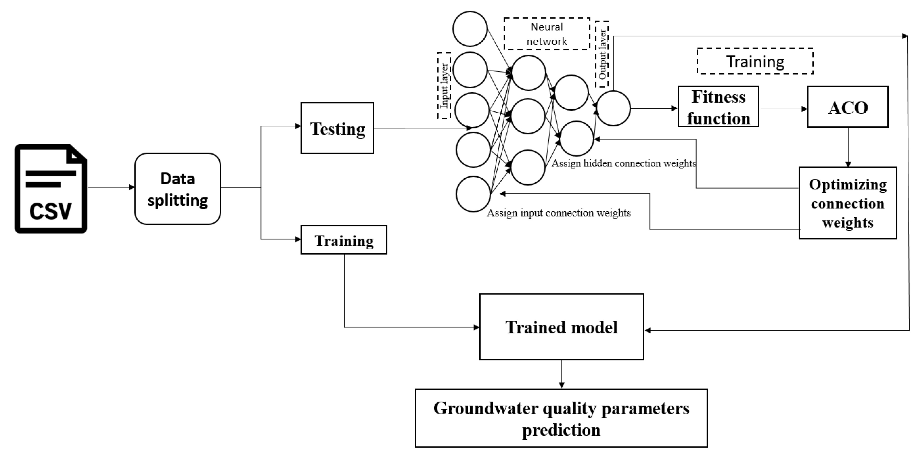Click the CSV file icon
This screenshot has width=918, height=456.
click(51, 189)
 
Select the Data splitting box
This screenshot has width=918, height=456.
click(178, 189)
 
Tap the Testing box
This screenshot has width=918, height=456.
click(337, 128)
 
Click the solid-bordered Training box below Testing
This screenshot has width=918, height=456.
click(344, 240)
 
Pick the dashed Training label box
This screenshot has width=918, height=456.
click(755, 61)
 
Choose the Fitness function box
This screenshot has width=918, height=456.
click(718, 107)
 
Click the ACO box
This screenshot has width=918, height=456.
click(848, 107)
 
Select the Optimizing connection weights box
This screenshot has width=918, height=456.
click(848, 203)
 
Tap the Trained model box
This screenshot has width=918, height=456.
click(561, 327)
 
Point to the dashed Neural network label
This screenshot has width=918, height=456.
click(547, 34)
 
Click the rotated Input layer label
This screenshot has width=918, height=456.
click(444, 86)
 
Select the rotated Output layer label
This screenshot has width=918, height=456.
click(602, 54)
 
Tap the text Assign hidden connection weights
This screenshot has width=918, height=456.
click(624, 163)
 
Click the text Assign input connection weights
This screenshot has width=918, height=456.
click(558, 213)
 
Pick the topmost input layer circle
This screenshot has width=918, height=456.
click(470, 29)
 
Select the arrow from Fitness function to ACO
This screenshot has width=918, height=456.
click(783, 109)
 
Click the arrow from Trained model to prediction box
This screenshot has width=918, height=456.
click(562, 374)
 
